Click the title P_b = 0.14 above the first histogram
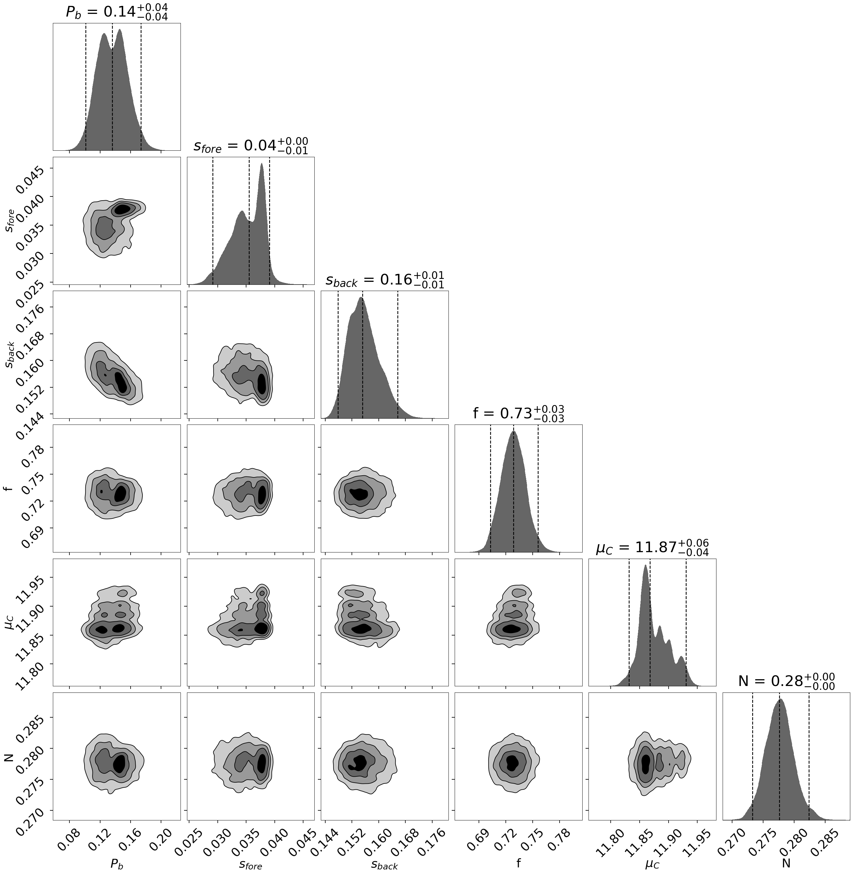[x=117, y=12]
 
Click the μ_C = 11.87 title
[x=652, y=548]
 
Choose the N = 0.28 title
[x=786, y=681]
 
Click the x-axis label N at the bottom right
[x=786, y=863]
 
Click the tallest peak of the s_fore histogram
[x=262, y=164]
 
